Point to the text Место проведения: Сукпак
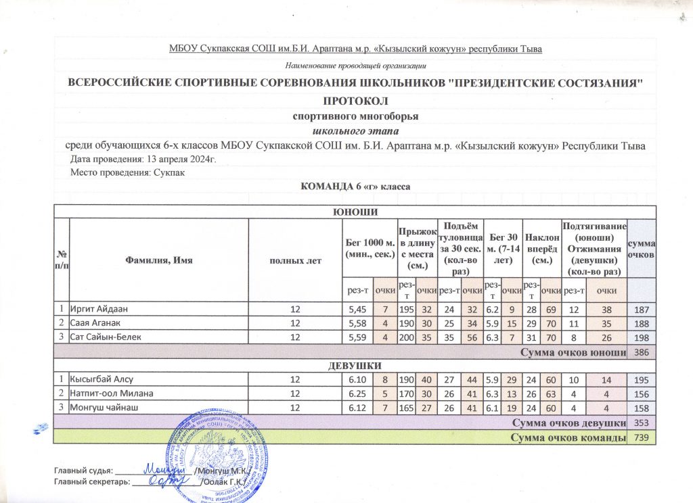tap(127, 173)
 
